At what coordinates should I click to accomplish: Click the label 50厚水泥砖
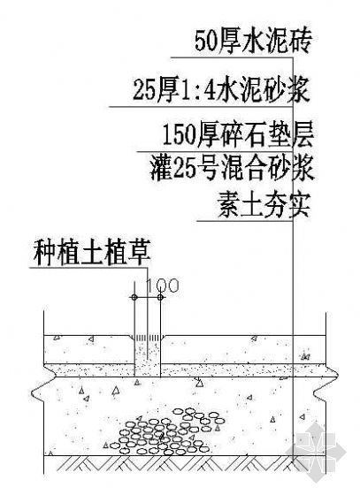(x=253, y=42)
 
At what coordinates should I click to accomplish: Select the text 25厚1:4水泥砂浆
(x=221, y=91)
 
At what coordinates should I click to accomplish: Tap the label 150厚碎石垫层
(x=238, y=136)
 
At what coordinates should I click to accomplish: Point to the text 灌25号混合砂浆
(x=232, y=169)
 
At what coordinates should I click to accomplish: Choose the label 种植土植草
(x=92, y=253)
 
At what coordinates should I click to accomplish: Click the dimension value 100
(x=163, y=286)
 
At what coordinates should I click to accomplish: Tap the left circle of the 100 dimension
(x=134, y=297)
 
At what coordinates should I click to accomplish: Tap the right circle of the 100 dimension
(x=160, y=297)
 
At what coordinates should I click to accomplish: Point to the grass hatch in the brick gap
(x=148, y=338)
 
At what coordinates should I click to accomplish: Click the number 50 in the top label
(x=205, y=42)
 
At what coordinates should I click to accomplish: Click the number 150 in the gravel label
(x=179, y=136)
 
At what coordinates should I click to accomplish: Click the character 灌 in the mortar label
(x=160, y=169)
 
